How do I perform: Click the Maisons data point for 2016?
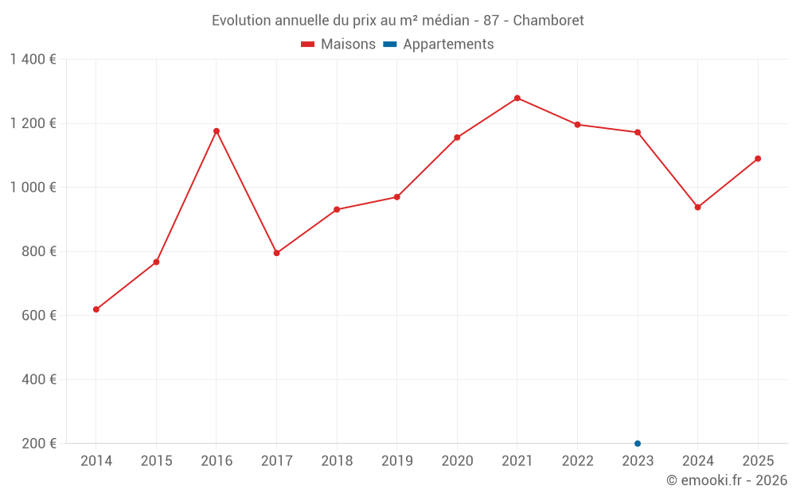[217, 131]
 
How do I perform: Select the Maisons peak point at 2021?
[517, 98]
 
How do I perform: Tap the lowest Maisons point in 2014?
[96, 309]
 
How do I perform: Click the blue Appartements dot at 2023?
[638, 443]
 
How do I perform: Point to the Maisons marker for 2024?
[698, 208]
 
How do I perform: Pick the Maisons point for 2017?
[276, 253]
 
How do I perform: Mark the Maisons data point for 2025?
[758, 158]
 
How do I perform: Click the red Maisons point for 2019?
[397, 197]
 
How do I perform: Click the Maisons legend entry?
[338, 45]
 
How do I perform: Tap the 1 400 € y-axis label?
[33, 60]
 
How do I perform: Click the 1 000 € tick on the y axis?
[33, 188]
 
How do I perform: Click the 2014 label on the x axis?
[96, 461]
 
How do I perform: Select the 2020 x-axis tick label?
[457, 461]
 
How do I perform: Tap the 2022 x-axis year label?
[577, 461]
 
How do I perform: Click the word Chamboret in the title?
[548, 21]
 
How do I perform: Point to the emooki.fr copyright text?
[727, 480]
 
